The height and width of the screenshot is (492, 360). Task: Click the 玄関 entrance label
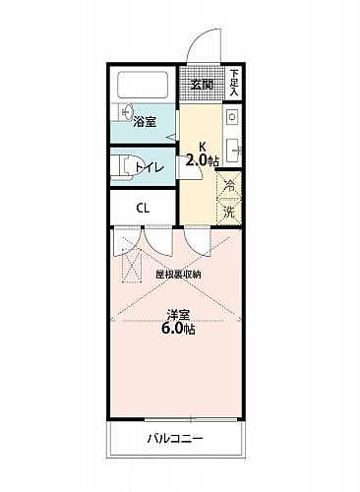[202, 85]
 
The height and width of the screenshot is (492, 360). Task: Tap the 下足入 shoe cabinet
[234, 83]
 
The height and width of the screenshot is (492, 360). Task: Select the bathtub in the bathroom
[143, 85]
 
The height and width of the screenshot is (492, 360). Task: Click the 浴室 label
[145, 122]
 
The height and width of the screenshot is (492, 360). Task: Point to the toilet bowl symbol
[122, 167]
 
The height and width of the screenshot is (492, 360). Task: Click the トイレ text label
[149, 168]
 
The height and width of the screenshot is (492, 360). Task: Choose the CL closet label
[143, 209]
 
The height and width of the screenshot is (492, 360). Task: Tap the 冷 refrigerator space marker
[229, 186]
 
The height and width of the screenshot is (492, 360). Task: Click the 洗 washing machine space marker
[229, 212]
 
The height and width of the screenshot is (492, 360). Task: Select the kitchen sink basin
[234, 151]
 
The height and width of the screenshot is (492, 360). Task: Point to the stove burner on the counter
[232, 117]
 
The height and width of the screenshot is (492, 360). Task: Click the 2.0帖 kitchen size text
[203, 160]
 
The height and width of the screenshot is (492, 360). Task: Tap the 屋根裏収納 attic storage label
[178, 275]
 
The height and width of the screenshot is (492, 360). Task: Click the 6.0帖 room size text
[178, 329]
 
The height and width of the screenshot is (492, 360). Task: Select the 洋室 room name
[178, 315]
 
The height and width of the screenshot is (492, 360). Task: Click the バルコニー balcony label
[175, 438]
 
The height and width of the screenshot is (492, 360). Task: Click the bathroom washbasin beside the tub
[126, 111]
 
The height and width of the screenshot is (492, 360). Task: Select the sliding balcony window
[191, 419]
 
